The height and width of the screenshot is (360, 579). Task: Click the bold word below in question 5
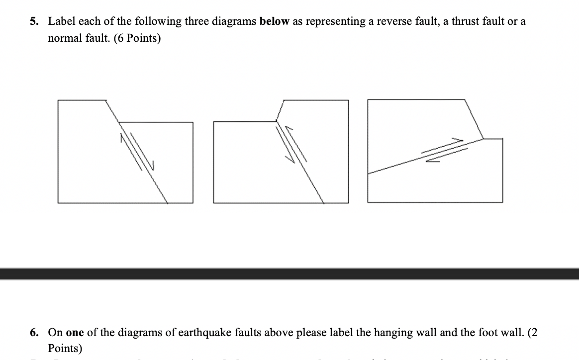(x=273, y=21)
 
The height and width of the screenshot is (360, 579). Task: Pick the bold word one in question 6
(x=74, y=332)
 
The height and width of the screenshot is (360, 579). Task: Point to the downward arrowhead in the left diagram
(x=153, y=168)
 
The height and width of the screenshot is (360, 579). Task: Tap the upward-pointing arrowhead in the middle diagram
(x=288, y=129)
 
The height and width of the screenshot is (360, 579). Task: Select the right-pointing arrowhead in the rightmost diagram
(x=460, y=140)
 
